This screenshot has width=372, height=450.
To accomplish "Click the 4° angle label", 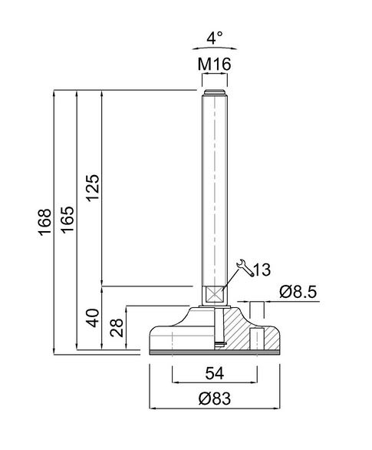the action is pyautogui.click(x=214, y=38).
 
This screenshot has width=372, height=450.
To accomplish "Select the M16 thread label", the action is pyautogui.click(x=214, y=65).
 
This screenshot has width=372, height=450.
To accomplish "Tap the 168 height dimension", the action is pyautogui.click(x=45, y=223).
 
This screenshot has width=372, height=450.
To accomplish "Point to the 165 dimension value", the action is pyautogui.click(x=68, y=220).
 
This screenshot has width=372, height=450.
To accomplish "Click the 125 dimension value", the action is pyautogui.click(x=93, y=188).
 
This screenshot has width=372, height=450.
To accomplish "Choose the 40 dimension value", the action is pyautogui.click(x=93, y=318).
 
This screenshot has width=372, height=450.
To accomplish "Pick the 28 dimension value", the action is pyautogui.click(x=117, y=328).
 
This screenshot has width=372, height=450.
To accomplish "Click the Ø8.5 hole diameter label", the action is pyautogui.click(x=298, y=292).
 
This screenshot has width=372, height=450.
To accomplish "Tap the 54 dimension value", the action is pyautogui.click(x=214, y=373).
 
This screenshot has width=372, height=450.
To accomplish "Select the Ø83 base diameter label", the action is pyautogui.click(x=214, y=399).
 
